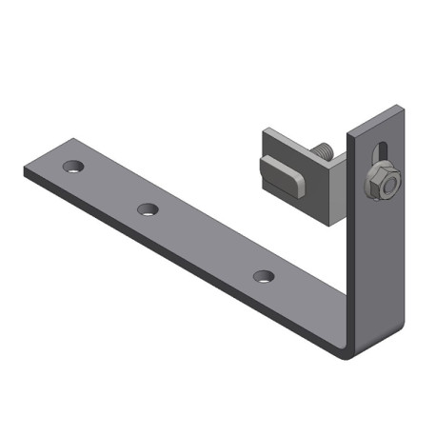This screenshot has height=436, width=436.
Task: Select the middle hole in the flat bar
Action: [148, 208]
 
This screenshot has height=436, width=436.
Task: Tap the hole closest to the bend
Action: [264, 276]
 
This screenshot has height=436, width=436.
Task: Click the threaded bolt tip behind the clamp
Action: [323, 150]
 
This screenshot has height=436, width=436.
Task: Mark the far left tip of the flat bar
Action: [27, 168]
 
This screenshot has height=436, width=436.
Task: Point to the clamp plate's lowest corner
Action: [328, 225]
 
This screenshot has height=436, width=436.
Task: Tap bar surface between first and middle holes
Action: [109, 188]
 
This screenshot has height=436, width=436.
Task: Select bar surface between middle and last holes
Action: [205, 242]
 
